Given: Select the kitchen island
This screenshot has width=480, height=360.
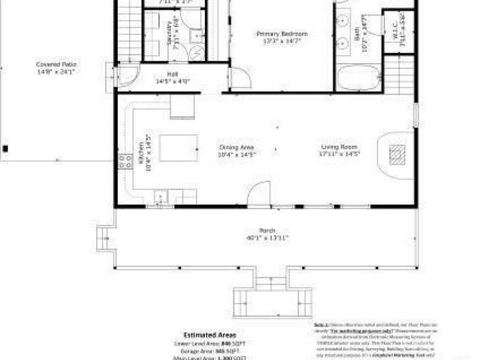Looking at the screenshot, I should pyautogui.click(x=178, y=148).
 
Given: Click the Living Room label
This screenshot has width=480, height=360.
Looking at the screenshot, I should pyautogui.click(x=340, y=147).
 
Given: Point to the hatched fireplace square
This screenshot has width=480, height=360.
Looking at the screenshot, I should pyautogui.click(x=397, y=154).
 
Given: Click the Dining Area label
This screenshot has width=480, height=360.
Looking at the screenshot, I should pyautogui.click(x=236, y=147).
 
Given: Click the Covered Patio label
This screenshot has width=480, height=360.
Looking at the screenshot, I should pyautogui.click(x=56, y=64).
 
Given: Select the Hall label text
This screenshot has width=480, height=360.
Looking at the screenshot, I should pyautogui.click(x=172, y=74).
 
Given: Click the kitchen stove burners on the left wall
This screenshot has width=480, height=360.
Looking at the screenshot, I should pyautogui.click(x=123, y=161).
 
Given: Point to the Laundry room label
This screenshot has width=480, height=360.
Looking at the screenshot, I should pyautogui.click(x=169, y=32).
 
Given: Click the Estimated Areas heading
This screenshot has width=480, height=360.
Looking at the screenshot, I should pyautogui.click(x=209, y=335).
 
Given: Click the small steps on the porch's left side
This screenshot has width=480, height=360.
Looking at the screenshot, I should pyautogui.click(x=104, y=239).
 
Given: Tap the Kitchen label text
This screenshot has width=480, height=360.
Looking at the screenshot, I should pyautogui.click(x=141, y=153).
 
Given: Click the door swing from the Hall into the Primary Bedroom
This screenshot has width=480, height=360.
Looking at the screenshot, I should pyautogui.click(x=239, y=79).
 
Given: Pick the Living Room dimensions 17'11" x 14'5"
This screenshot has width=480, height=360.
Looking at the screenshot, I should pyautogui.click(x=340, y=154).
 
